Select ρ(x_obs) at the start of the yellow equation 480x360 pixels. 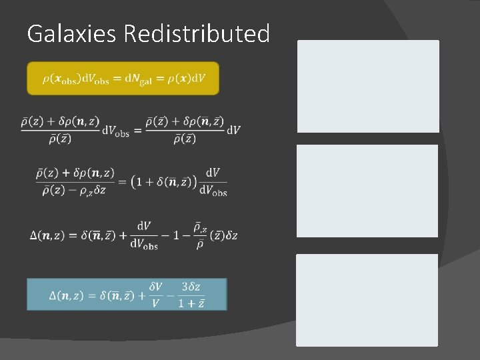click(62, 79)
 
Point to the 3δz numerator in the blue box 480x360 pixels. click(191, 287)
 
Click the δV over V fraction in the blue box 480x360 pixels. click(155, 295)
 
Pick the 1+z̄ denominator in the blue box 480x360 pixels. click(191, 303)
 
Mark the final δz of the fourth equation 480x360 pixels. click(231, 235)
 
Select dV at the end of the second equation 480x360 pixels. click(233, 129)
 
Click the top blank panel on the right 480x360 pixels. click(368, 86)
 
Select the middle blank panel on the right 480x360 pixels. click(367, 191)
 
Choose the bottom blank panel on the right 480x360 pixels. click(367, 299)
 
